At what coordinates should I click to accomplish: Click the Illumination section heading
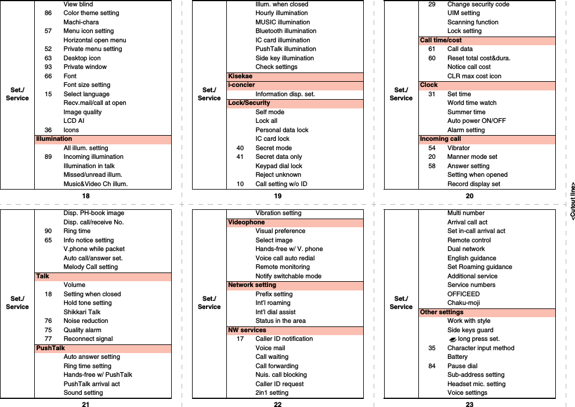click(54, 139)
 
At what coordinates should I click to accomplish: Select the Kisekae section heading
click(240, 76)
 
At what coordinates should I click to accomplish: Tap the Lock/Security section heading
click(249, 103)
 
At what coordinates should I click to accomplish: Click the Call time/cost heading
click(441, 41)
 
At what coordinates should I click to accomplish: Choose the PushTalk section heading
click(50, 348)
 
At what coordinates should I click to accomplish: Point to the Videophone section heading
click(247, 222)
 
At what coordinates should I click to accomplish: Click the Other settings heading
click(442, 312)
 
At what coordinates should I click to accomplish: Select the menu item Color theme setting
click(91, 13)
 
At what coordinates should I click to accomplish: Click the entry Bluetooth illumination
click(286, 31)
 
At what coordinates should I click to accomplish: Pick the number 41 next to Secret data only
click(240, 157)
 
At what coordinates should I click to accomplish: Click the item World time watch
click(472, 103)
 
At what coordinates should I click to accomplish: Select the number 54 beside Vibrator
click(432, 148)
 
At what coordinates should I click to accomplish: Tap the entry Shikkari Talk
click(82, 312)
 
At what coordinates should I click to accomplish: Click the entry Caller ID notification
click(284, 339)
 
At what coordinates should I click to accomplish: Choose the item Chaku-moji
click(463, 303)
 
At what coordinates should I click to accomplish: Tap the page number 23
click(469, 405)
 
